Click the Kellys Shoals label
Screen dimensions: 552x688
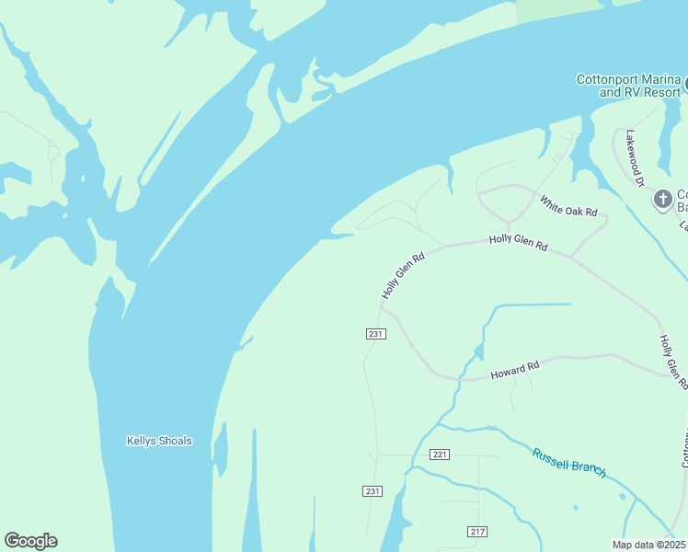point(159,441)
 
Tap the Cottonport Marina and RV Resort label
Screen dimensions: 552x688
point(628,86)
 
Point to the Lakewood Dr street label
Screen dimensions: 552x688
point(634,158)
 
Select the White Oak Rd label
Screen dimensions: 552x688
point(568,206)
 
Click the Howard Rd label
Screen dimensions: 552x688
point(514,371)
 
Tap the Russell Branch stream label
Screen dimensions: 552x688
point(568,461)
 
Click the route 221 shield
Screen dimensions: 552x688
point(439,454)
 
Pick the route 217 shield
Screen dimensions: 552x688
point(477,532)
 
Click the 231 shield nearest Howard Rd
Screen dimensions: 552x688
point(375,334)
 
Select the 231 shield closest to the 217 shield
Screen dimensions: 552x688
point(373,491)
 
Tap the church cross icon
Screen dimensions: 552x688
point(662,199)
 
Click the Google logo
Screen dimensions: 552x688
point(30,541)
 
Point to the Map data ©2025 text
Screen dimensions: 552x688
point(649,545)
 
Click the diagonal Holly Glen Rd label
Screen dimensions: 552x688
point(403,275)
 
